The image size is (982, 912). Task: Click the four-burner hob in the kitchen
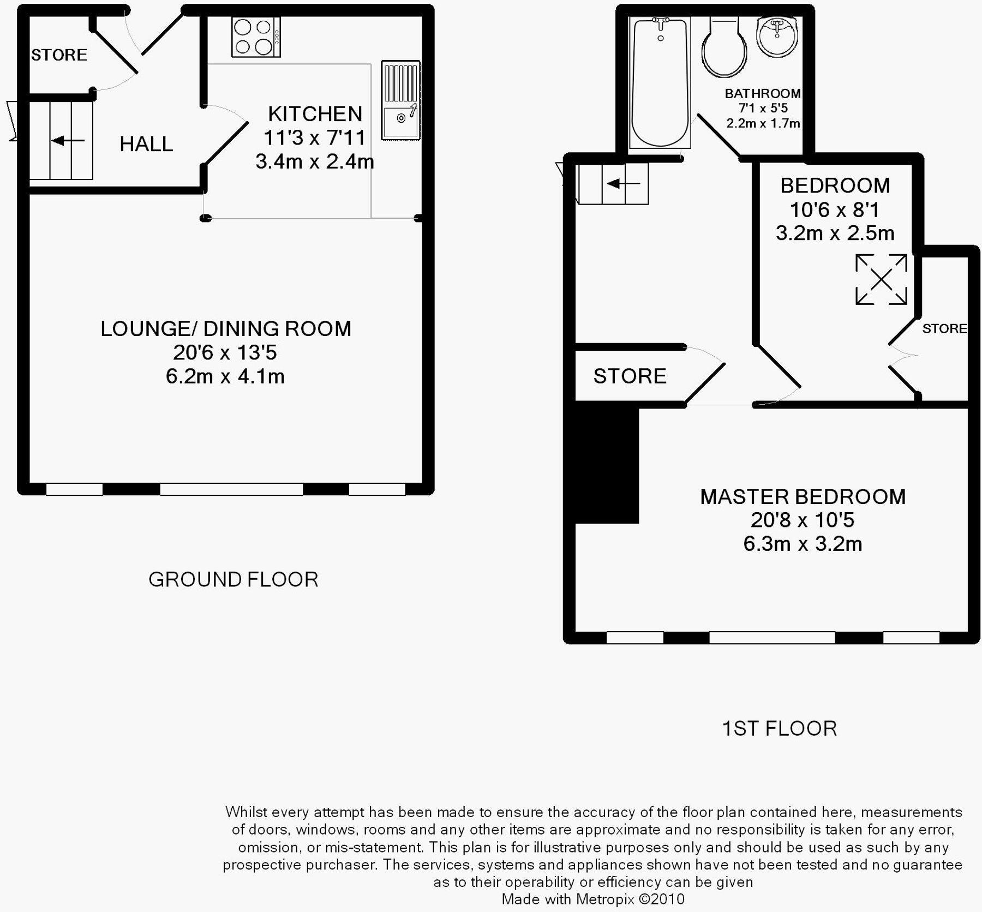[x=256, y=37]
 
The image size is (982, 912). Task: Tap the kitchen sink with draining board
[x=401, y=101]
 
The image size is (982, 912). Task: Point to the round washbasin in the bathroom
[x=777, y=36]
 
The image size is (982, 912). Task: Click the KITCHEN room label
[x=315, y=114]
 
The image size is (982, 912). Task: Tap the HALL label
[x=146, y=144]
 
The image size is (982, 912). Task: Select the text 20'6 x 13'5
[x=225, y=352]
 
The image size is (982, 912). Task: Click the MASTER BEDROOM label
[x=803, y=497]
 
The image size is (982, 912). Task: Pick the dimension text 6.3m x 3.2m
[x=803, y=544]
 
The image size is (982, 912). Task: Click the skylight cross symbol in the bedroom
[x=881, y=279]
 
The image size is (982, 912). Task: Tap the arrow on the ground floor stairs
[x=68, y=141]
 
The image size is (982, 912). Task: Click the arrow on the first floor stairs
[x=623, y=184]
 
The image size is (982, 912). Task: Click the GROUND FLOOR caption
[x=233, y=579]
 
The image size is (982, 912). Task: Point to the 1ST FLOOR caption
[x=779, y=729]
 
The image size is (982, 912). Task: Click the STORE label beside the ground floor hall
[x=59, y=55]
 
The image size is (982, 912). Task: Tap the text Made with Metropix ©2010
[x=592, y=899]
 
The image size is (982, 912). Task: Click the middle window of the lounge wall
[x=231, y=489]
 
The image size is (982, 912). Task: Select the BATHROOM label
[x=763, y=93]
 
